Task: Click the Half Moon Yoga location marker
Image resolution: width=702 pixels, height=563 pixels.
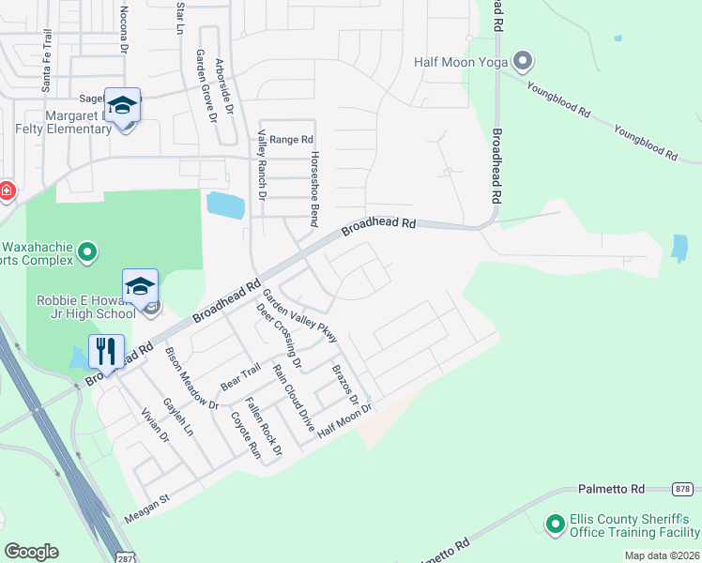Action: (523, 63)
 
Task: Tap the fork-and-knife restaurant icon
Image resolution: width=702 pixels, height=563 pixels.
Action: (104, 352)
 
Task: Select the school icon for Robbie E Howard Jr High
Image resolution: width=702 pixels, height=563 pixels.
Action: (140, 286)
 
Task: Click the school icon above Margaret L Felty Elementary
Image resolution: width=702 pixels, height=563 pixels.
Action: (122, 105)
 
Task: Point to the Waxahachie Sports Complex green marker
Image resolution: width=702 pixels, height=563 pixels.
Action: (87, 251)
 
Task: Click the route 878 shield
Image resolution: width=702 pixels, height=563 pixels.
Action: (683, 489)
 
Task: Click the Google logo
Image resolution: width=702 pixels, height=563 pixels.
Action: (31, 552)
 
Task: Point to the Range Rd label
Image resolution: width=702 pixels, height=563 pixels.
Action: (291, 139)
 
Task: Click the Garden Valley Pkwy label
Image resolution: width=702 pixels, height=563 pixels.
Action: (298, 317)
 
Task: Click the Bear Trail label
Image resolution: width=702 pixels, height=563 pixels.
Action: (239, 378)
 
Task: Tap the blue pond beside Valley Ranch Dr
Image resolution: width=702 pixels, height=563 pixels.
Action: (225, 205)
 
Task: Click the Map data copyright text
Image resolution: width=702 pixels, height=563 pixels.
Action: (662, 555)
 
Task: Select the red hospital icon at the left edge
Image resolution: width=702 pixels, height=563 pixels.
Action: (6, 191)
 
